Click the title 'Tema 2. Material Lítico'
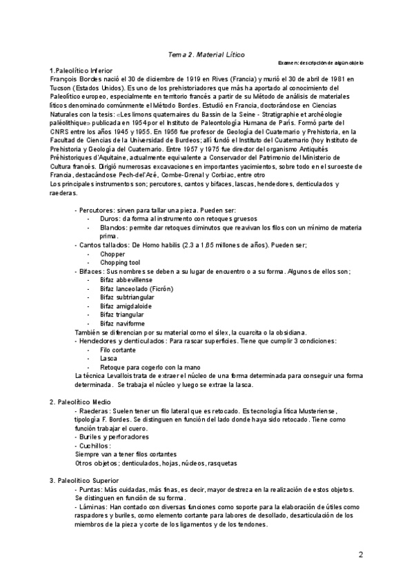click(206, 54)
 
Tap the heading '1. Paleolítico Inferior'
click(81, 71)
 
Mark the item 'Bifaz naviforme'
click(122, 323)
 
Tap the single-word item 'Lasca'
click(108, 358)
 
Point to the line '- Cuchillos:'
click(94, 446)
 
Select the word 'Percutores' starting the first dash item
click(95, 209)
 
